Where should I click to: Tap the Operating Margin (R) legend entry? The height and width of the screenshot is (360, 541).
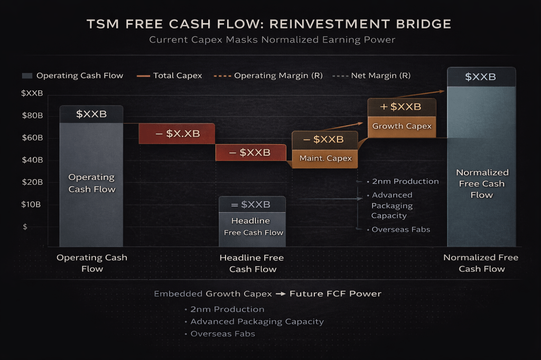click(x=270, y=75)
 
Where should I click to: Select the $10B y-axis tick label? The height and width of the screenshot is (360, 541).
click(x=32, y=204)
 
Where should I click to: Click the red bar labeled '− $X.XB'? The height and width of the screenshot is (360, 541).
click(x=177, y=134)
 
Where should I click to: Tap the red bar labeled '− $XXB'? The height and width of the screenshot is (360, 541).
click(x=250, y=153)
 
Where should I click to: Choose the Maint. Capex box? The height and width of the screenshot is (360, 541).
click(x=325, y=158)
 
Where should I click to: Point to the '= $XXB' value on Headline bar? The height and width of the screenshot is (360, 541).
click(x=252, y=204)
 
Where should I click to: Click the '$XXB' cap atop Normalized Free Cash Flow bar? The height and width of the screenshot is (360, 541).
click(x=481, y=77)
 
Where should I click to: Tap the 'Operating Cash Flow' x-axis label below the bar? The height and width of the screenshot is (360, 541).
click(x=92, y=263)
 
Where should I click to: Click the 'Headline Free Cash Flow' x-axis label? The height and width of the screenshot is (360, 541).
click(x=252, y=263)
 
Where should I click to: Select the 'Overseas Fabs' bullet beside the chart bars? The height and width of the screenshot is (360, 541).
click(x=400, y=230)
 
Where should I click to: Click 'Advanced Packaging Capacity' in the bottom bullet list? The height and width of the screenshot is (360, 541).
click(x=257, y=321)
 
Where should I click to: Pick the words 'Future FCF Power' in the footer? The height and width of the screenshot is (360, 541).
click(x=335, y=293)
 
